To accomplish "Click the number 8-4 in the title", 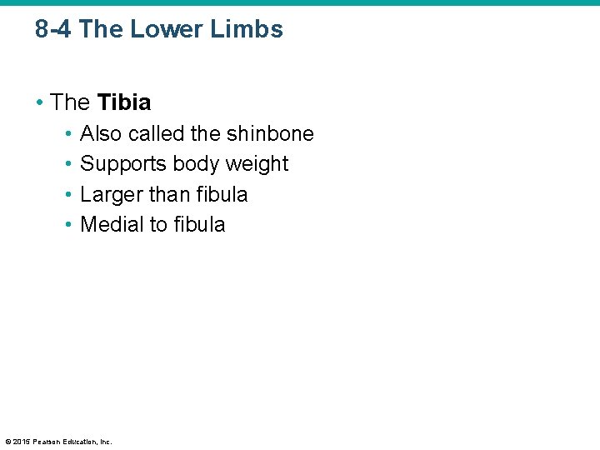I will [54, 30].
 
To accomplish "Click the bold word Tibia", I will [124, 102].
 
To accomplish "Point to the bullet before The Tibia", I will [41, 103].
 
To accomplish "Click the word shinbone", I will [270, 133].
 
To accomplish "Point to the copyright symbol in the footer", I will [7, 441].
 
